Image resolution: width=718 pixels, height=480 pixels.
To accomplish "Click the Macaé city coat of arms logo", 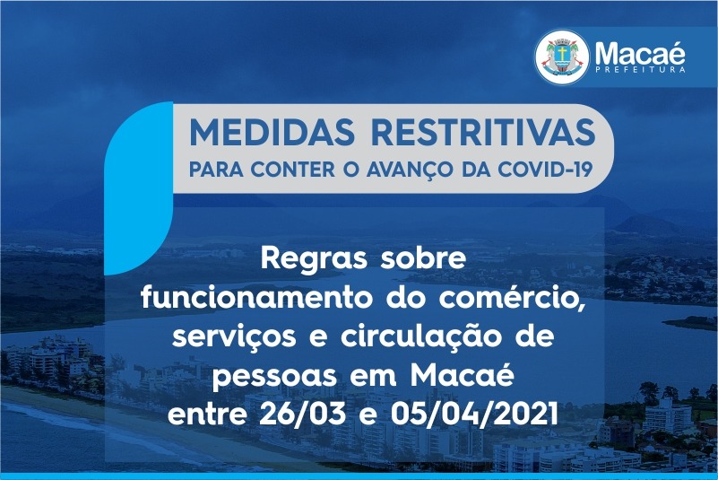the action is pyautogui.click(x=562, y=57).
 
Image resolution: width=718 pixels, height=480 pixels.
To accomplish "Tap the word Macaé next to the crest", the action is pyautogui.click(x=640, y=53).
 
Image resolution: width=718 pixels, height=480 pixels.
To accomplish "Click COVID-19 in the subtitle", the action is pyautogui.click(x=545, y=170).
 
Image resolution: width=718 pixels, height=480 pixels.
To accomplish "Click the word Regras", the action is pyautogui.click(x=314, y=259).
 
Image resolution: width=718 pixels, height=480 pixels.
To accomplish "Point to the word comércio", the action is pyautogui.click(x=512, y=299).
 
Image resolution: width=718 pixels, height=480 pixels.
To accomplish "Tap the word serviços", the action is pyautogui.click(x=234, y=338).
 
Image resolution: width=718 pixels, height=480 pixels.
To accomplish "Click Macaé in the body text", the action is pyautogui.click(x=462, y=375).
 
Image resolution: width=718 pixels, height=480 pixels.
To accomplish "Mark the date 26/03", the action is pyautogui.click(x=302, y=414).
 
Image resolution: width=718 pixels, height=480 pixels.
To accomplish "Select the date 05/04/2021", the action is pyautogui.click(x=474, y=414).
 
